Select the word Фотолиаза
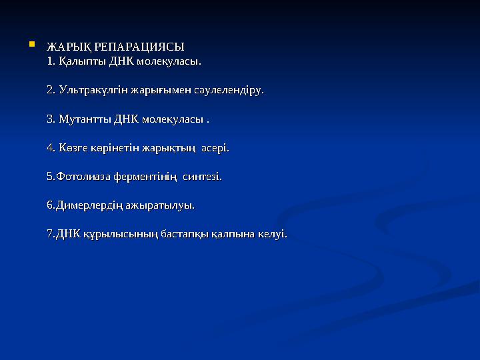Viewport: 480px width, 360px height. tap(83, 177)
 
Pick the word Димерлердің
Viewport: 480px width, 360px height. tap(87, 206)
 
